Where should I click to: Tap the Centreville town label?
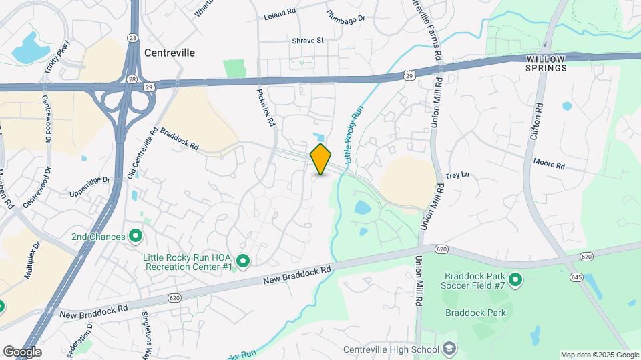[x=170, y=53]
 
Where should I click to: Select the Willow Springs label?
[x=546, y=63]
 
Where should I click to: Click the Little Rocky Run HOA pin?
[x=243, y=261]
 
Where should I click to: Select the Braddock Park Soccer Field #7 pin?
[x=515, y=280]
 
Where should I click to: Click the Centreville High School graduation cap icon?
[x=449, y=349]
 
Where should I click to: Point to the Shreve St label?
[x=307, y=41]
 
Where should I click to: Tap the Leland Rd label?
[x=279, y=13]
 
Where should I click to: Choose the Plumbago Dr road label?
[x=346, y=14]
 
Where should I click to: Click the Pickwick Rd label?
[x=266, y=109]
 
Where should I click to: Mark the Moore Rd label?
[x=549, y=163]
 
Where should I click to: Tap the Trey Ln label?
[x=457, y=175]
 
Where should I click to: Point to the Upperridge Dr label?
[x=89, y=187]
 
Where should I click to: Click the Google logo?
[x=22, y=352]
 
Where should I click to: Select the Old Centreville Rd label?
[x=142, y=153]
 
